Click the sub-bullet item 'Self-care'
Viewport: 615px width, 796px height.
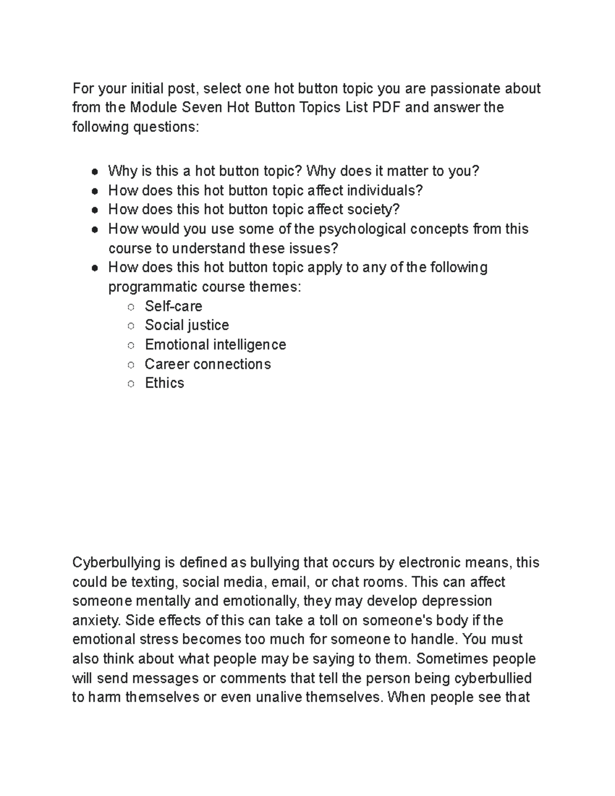pyautogui.click(x=173, y=306)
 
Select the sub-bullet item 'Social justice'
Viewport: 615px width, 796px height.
pyautogui.click(x=187, y=325)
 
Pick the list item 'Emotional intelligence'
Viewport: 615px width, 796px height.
pyautogui.click(x=215, y=344)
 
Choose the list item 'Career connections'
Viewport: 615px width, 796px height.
pyautogui.click(x=208, y=364)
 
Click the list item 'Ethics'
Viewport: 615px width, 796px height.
pyautogui.click(x=164, y=383)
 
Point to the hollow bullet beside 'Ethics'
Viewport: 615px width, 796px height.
pyautogui.click(x=131, y=384)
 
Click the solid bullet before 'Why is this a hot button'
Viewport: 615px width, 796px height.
pyautogui.click(x=95, y=172)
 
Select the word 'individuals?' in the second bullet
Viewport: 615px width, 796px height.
pyautogui.click(x=385, y=191)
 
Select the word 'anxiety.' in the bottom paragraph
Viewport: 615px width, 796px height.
pyautogui.click(x=96, y=620)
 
